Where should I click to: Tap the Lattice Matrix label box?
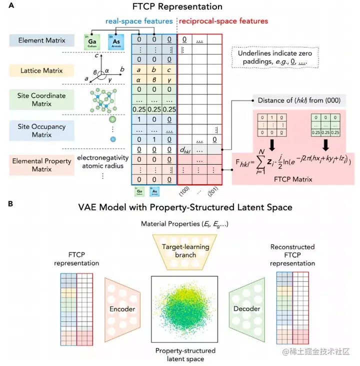(41, 70)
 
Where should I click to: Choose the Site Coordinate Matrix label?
(41, 99)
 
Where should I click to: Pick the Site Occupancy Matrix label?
(41, 131)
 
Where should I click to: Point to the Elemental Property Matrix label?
(41, 163)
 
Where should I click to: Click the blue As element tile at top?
(115, 41)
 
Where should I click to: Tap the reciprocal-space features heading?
(223, 21)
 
